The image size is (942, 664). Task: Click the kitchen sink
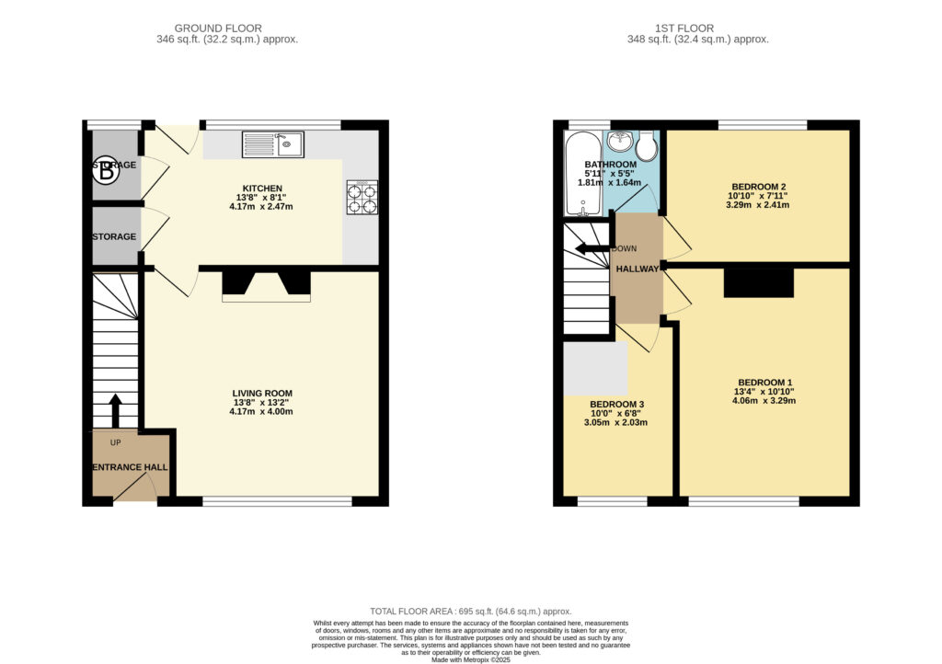[273, 144]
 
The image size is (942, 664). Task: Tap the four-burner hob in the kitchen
[362, 198]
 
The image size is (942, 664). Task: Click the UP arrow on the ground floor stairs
[115, 411]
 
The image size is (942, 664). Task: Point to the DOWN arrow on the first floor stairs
[593, 248]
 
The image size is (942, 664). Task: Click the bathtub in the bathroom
[582, 174]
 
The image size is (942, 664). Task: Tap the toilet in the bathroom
[647, 146]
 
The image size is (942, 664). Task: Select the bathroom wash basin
[619, 142]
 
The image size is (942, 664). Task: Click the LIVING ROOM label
[262, 394]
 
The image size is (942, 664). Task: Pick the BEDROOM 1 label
[764, 383]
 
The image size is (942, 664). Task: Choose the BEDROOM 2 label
[758, 187]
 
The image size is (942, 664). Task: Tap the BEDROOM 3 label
[616, 405]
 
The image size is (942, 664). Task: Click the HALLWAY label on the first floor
[638, 269]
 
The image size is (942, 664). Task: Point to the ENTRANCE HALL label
[131, 467]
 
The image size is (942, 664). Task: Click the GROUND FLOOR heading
[218, 29]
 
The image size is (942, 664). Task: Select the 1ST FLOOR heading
[684, 29]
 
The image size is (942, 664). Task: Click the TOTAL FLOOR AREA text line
[470, 612]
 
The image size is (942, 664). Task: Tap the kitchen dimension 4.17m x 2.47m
[261, 207]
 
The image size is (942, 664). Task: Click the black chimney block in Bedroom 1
[759, 282]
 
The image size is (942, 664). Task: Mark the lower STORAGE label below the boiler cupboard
[114, 236]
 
